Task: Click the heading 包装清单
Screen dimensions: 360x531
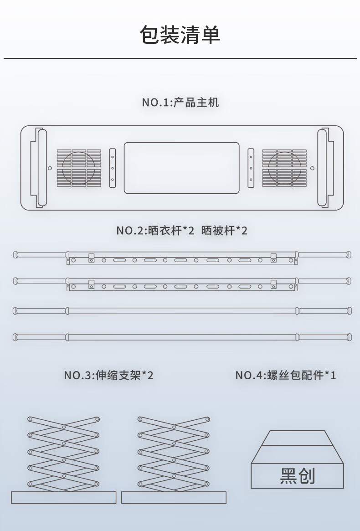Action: coord(180,36)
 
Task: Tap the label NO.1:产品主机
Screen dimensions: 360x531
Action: coord(180,102)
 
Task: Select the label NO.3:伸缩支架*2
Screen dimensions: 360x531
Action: coord(108,376)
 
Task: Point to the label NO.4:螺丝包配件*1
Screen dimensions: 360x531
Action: coord(286,376)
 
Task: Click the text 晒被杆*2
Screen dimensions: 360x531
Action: coord(224,231)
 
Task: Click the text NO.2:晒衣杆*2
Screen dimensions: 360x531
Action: coord(155,231)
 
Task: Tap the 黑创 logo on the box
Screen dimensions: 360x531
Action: coord(297,476)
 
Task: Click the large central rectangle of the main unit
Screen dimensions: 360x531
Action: coord(181,168)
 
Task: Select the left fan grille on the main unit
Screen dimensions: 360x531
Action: coord(79,168)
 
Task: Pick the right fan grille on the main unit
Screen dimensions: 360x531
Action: coord(284,168)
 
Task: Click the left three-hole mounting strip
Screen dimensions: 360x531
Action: coord(113,168)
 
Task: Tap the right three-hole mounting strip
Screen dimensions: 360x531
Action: coord(251,168)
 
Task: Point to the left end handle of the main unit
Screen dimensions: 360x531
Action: coord(40,168)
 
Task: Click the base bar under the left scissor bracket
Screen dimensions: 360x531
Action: coord(63,497)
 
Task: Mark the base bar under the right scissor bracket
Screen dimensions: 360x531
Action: coord(174,497)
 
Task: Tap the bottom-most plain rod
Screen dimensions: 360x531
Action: coord(182,337)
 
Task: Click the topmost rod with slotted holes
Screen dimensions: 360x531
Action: coord(182,258)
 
